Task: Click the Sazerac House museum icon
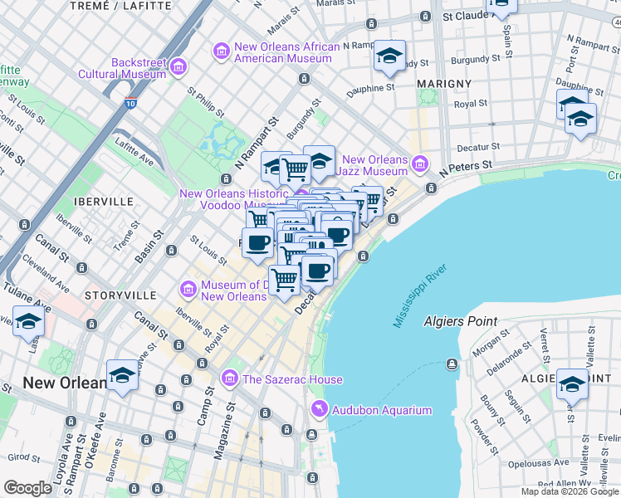(229, 379)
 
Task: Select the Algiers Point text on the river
(460, 321)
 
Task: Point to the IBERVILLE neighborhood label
(103, 201)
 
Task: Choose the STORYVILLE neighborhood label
(120, 295)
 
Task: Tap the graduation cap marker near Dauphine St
(389, 56)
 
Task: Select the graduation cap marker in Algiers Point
(572, 383)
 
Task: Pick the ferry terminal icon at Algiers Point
(452, 364)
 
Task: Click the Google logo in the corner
(27, 488)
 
